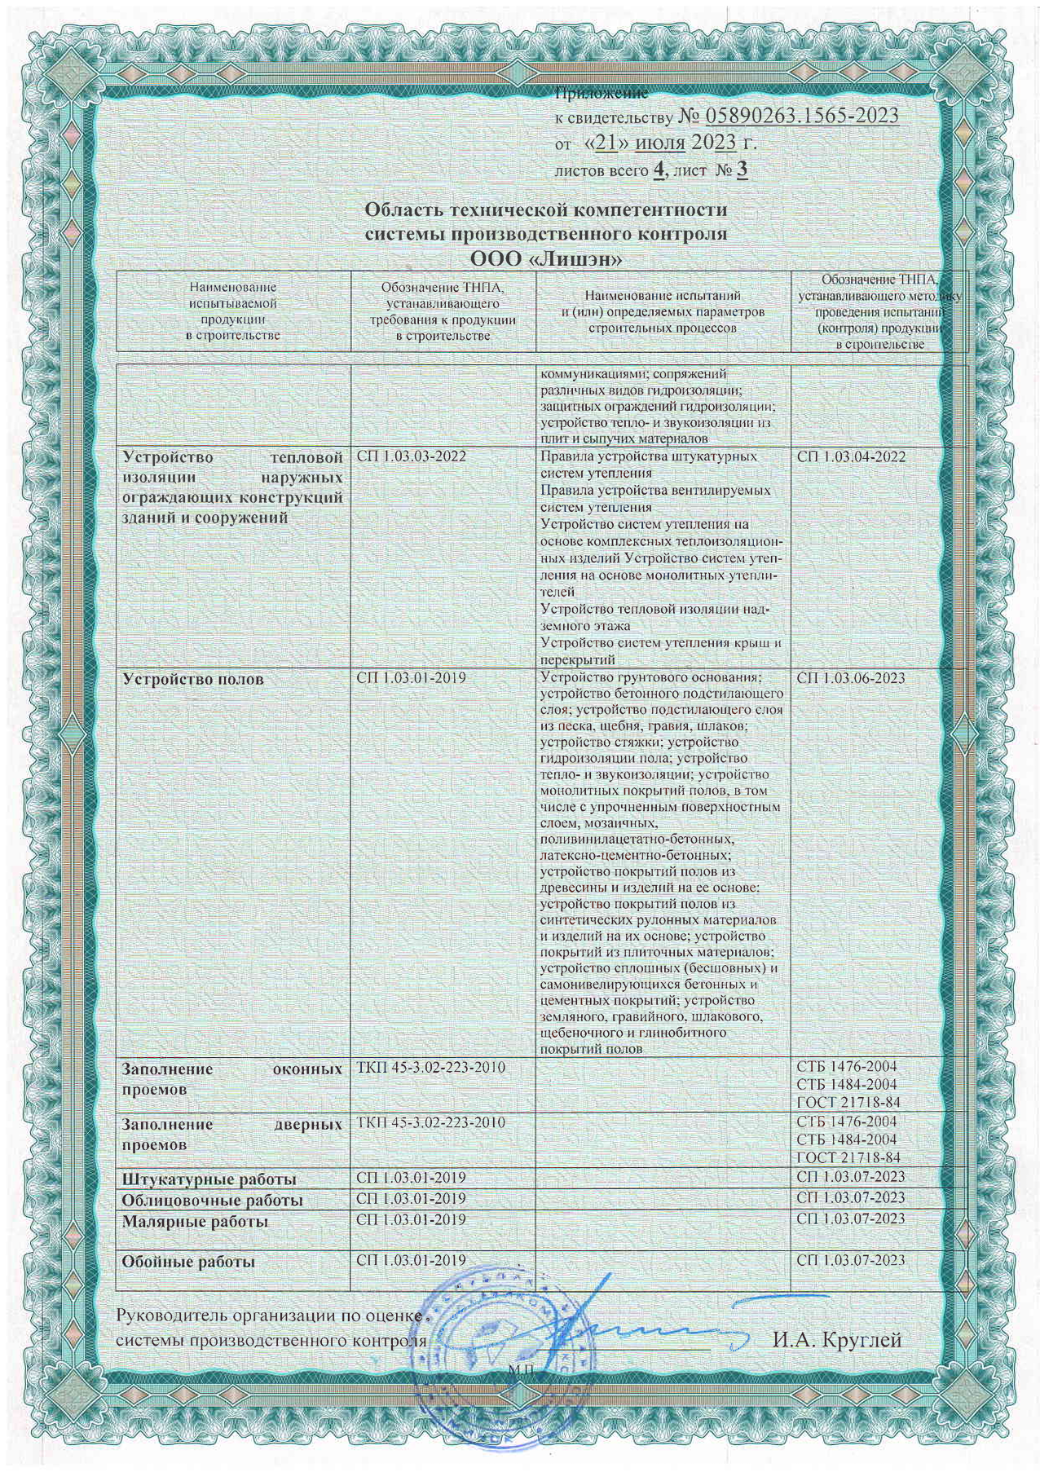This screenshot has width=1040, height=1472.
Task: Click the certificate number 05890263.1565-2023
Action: coord(787,117)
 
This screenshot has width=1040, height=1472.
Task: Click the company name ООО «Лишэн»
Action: coord(546,260)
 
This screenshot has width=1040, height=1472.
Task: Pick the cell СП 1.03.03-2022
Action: coord(412,456)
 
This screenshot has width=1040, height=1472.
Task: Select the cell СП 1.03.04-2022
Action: coord(852,456)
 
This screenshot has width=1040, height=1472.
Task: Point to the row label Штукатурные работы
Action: coord(209,1179)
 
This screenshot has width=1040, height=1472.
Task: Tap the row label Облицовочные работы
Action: coord(213,1201)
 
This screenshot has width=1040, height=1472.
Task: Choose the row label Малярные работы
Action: coord(195,1222)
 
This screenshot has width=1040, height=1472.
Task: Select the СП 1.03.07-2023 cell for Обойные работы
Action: coord(852,1260)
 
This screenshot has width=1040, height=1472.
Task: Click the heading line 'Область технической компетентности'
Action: coord(545,210)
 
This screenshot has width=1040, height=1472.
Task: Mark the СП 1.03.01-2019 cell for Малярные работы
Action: coord(412,1219)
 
